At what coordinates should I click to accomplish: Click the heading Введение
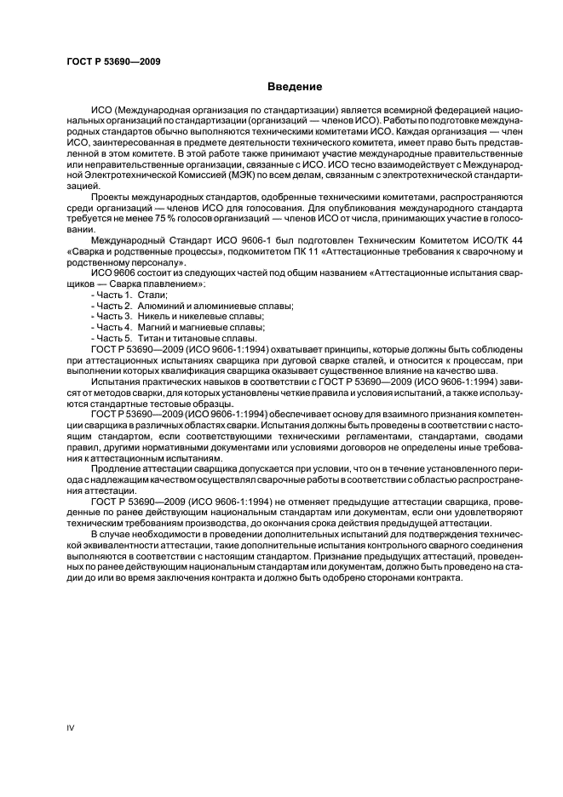point(294,87)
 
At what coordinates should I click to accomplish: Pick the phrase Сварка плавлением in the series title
point(155,284)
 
